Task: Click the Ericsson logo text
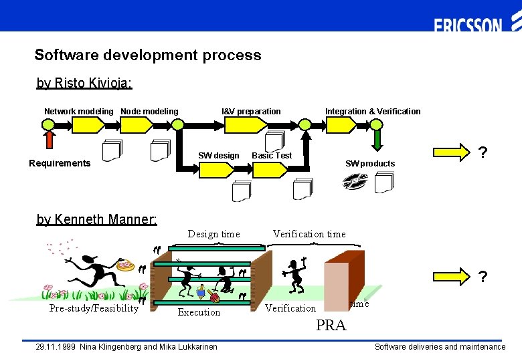pyautogui.click(x=468, y=26)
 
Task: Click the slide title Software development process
pyautogui.click(x=148, y=55)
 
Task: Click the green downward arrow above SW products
pyautogui.click(x=377, y=139)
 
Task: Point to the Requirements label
pyautogui.click(x=60, y=163)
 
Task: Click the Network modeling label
pyautogui.click(x=79, y=111)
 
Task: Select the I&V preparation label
pyautogui.click(x=251, y=111)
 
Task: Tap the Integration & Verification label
pyautogui.click(x=373, y=111)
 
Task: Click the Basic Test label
pyautogui.click(x=272, y=155)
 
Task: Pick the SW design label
pyautogui.click(x=218, y=155)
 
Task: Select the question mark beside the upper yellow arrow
pyautogui.click(x=483, y=153)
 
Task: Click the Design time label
pyautogui.click(x=213, y=233)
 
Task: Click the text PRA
pyautogui.click(x=331, y=326)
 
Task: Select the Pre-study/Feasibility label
pyautogui.click(x=94, y=308)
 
